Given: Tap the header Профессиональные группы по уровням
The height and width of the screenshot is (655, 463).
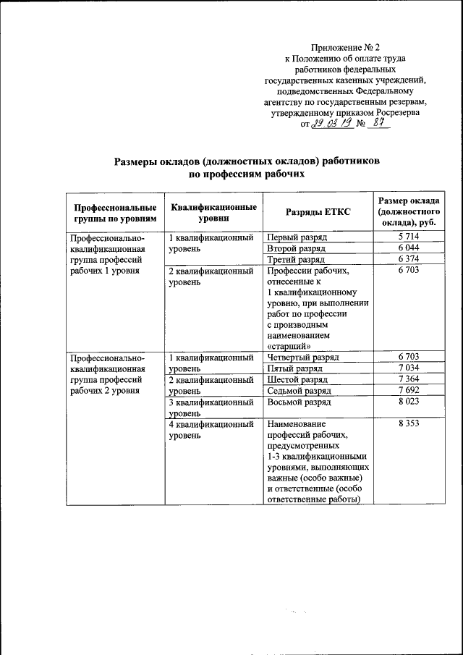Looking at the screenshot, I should pyautogui.click(x=114, y=211).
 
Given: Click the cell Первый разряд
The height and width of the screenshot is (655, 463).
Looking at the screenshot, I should pyautogui.click(x=297, y=237).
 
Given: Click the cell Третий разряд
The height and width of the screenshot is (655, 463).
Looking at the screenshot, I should pyautogui.click(x=297, y=259).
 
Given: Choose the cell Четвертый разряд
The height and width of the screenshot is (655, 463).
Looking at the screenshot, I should pyautogui.click(x=303, y=357).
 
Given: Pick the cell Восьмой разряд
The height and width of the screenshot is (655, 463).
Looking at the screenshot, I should pyautogui.click(x=299, y=401).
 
